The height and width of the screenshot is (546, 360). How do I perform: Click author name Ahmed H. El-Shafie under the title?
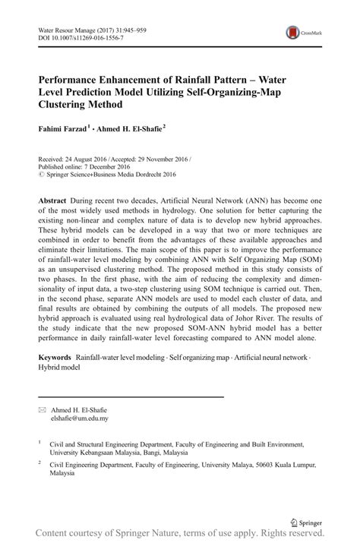tap(127, 130)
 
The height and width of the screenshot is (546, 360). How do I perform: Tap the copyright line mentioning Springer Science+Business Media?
tap(111, 173)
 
